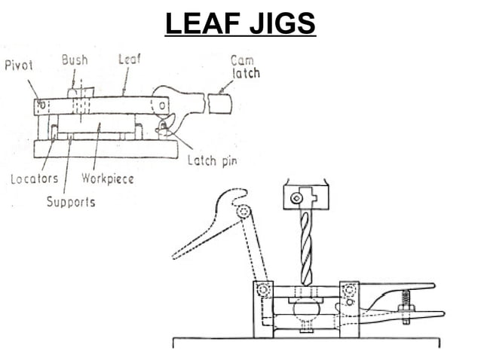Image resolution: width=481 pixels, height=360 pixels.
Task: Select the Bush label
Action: click(75, 59)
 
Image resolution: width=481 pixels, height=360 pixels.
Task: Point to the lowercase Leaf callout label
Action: click(129, 59)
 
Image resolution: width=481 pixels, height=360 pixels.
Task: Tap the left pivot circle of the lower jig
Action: click(263, 290)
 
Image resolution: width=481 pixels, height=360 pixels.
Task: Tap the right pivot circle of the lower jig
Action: click(349, 290)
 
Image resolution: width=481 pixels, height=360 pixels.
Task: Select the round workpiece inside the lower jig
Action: click(306, 308)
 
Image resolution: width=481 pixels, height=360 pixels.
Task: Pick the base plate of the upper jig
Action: click(106, 148)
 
